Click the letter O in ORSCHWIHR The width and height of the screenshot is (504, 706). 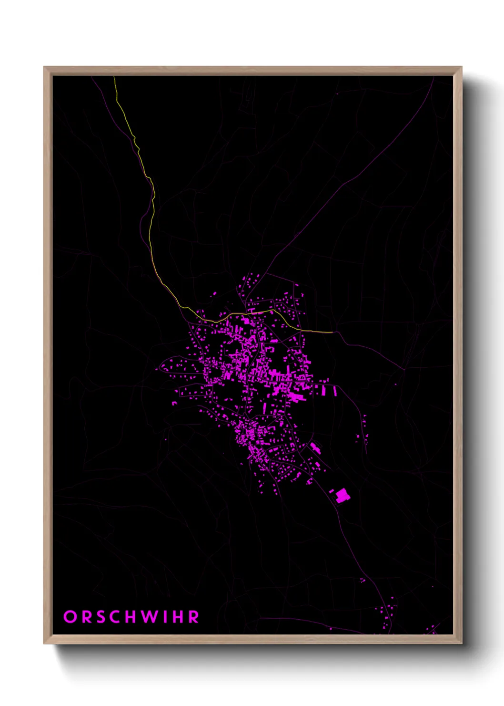70,617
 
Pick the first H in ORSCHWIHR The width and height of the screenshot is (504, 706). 133,617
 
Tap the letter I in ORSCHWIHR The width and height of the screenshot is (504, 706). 166,617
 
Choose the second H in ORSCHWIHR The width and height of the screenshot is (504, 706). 179,617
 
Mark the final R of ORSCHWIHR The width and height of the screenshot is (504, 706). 194,617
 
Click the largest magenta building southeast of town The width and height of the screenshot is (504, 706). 343,496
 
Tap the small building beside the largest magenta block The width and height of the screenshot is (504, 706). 332,491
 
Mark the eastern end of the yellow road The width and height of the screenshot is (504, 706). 332,332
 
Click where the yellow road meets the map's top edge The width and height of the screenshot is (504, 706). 114,77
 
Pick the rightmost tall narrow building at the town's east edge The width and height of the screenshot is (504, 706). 335,391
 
